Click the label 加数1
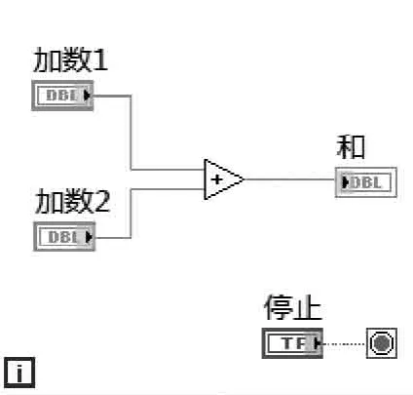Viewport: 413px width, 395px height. tap(71, 60)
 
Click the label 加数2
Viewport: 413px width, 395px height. tap(73, 202)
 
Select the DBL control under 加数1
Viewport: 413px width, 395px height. tap(63, 96)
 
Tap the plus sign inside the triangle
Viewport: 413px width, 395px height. tap(217, 180)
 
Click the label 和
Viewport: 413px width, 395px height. tap(351, 147)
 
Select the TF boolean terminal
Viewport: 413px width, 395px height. tap(292, 343)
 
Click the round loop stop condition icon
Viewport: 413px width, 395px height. tap(381, 343)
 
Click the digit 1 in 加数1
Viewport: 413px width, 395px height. tap(100, 61)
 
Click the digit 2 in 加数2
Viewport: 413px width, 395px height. tap(102, 203)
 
